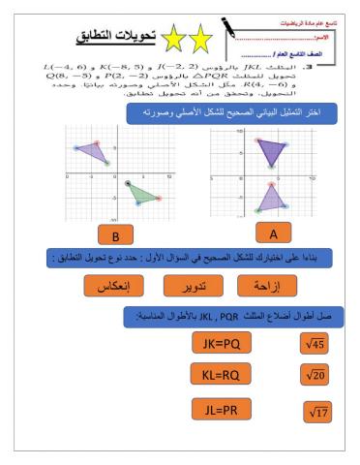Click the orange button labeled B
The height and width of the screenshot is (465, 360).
coord(115,235)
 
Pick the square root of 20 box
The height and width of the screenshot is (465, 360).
coord(316,376)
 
